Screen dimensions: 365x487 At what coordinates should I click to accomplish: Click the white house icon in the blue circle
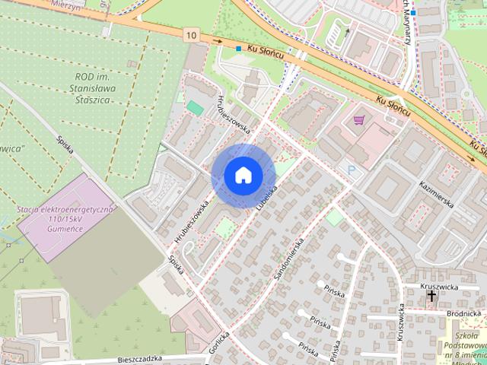tap(242, 176)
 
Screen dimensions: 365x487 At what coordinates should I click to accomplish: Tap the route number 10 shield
tap(190, 34)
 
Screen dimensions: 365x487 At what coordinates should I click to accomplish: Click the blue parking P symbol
tap(351, 170)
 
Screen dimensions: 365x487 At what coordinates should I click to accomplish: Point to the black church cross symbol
tap(432, 297)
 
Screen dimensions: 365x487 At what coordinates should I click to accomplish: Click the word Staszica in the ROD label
tap(98, 100)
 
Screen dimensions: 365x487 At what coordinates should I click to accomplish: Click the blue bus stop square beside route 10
tap(238, 49)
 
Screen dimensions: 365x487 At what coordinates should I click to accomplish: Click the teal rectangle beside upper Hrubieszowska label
tap(196, 108)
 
